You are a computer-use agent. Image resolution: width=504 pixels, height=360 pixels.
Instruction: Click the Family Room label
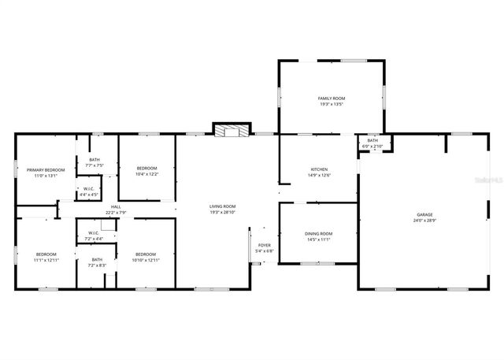coord(332,98)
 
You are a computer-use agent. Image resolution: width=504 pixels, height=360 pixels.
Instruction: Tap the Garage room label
coord(424,214)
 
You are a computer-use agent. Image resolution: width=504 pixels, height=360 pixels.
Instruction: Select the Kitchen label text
coord(319,169)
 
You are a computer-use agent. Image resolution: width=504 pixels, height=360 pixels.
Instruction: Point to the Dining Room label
coord(319,233)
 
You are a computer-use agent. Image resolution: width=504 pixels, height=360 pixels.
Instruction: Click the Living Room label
coord(223,206)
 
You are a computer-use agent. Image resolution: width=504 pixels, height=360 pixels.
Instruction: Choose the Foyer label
coord(265,245)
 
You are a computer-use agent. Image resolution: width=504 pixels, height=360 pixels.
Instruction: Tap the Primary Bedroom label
coord(46,170)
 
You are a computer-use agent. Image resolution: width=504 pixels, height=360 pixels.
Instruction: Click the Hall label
coord(115,206)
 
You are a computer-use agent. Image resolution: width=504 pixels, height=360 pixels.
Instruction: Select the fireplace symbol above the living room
coord(231,130)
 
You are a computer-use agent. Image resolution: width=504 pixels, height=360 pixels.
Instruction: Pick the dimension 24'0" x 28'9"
coord(424,221)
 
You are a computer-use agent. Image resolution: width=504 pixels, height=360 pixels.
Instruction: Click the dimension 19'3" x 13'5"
coord(332,105)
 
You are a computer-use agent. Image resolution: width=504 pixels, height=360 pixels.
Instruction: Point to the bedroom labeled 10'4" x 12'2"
coord(146,169)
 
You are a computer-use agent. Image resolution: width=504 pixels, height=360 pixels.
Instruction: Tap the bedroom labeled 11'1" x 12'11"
coord(46,254)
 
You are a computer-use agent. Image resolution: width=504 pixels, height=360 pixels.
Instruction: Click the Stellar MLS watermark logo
coord(484,180)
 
